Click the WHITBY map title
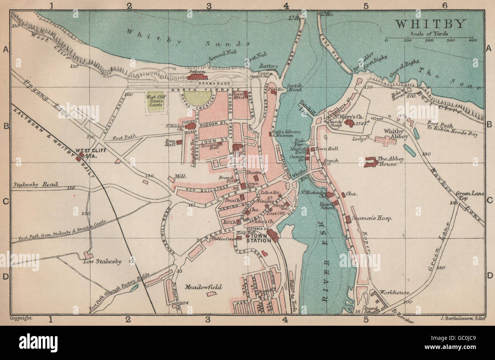point(430,24)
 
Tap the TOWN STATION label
point(259,240)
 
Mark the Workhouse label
point(396,293)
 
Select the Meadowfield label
point(203,287)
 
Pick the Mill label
point(179,177)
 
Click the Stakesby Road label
point(35,185)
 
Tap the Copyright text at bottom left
point(21,318)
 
